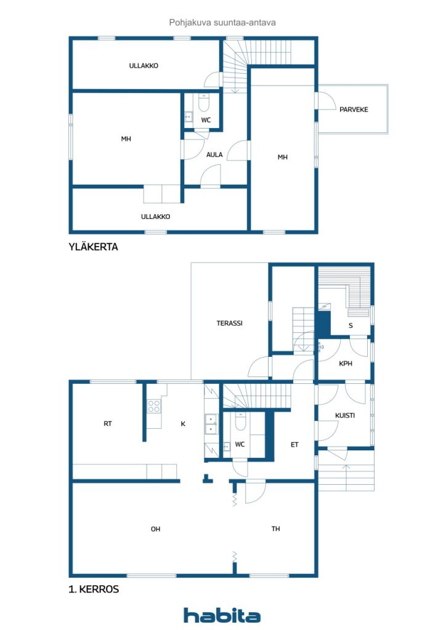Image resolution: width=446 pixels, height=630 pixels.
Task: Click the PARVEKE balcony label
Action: (354, 110)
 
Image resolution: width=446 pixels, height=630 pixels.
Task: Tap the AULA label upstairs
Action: (214, 154)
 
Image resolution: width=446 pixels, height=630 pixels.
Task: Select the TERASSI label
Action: (229, 323)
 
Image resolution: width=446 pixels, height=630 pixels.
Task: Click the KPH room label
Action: (346, 363)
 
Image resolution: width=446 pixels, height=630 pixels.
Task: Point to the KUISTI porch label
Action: (345, 415)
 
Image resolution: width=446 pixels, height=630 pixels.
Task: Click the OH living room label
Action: (156, 528)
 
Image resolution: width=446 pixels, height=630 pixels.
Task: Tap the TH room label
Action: (277, 528)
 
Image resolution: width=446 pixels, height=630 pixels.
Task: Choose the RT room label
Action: (108, 423)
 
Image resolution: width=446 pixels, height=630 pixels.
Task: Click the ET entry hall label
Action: (294, 444)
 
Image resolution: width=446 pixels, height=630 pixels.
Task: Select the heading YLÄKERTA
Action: (93, 247)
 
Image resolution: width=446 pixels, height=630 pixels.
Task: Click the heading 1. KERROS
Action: (94, 589)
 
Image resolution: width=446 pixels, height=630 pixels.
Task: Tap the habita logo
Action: (222, 615)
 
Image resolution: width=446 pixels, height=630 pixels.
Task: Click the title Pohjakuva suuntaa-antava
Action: (222, 22)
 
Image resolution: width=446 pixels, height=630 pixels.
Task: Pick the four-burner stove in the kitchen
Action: (153, 406)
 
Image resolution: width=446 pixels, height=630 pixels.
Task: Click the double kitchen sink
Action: (211, 421)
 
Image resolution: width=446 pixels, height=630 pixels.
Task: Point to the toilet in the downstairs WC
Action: (240, 423)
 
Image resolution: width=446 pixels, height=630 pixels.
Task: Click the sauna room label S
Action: (351, 325)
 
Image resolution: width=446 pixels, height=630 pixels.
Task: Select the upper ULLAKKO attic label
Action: (144, 65)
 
